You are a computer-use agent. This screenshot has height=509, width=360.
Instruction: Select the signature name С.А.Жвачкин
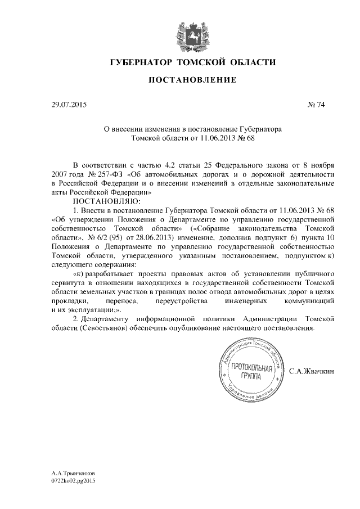pyautogui.click(x=312, y=372)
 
